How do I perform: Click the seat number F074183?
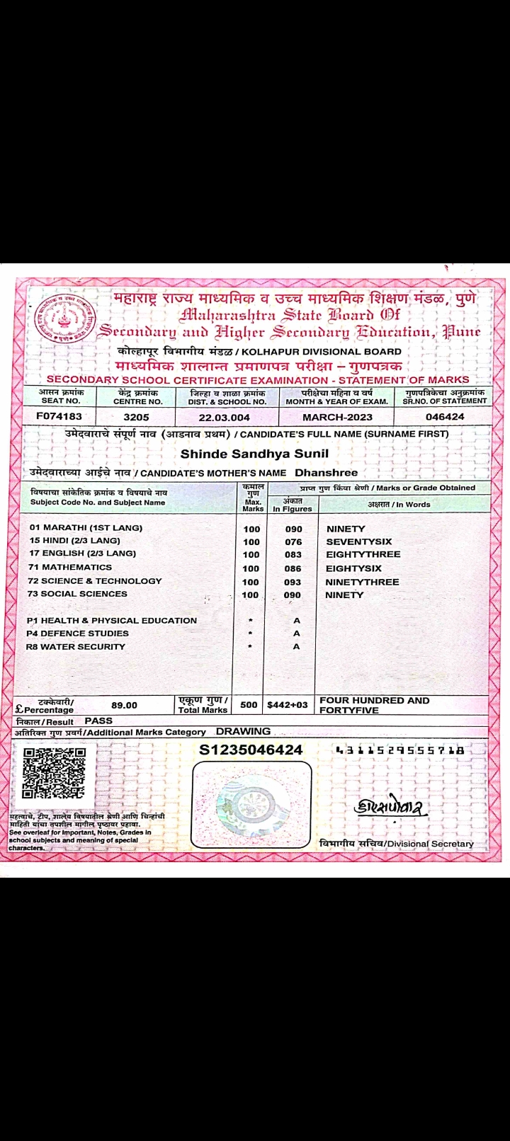pyautogui.click(x=59, y=416)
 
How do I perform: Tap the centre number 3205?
pyautogui.click(x=136, y=417)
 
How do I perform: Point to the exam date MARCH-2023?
pyautogui.click(x=337, y=417)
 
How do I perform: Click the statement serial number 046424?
pyautogui.click(x=445, y=416)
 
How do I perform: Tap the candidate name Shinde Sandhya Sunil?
pyautogui.click(x=254, y=453)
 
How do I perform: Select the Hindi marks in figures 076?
pyautogui.click(x=293, y=541)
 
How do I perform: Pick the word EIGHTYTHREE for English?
pyautogui.click(x=363, y=554)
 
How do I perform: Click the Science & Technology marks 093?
pyautogui.click(x=293, y=582)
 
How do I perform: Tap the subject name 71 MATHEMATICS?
pyautogui.click(x=70, y=567)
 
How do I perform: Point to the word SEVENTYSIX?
pyautogui.click(x=358, y=541)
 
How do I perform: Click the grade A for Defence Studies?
pyautogui.click(x=296, y=633)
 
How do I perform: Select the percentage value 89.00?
pyautogui.click(x=124, y=705)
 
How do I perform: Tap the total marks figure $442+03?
pyautogui.click(x=288, y=704)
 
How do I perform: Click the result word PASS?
pyautogui.click(x=98, y=721)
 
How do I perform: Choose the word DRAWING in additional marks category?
pyautogui.click(x=243, y=731)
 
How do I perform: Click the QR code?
pyautogui.click(x=54, y=773)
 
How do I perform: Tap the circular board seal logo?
pyautogui.click(x=64, y=319)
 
